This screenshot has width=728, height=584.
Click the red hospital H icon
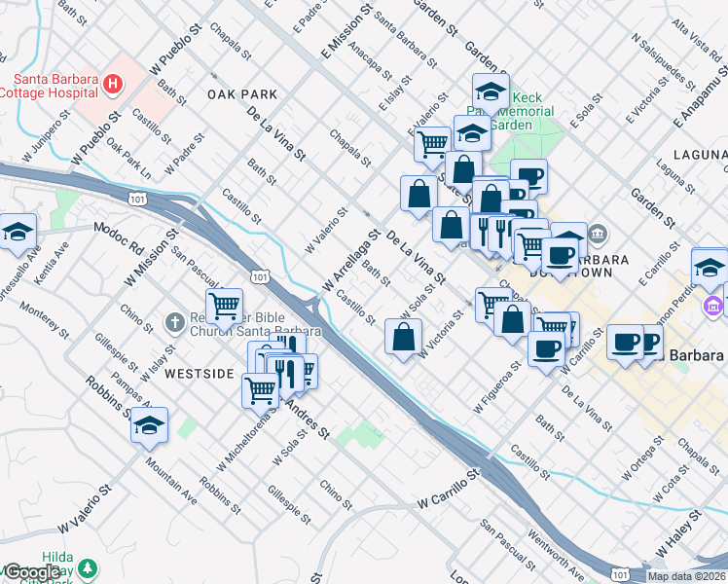coord(114,85)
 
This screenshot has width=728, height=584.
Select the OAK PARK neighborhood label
coord(242,94)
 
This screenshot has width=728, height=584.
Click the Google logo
coord(31,572)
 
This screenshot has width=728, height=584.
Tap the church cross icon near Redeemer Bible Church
coord(173,321)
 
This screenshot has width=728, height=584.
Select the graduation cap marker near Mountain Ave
coord(149,425)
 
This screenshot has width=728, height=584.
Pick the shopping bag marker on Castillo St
coord(403,339)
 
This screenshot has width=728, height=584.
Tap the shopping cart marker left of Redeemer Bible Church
coord(224,307)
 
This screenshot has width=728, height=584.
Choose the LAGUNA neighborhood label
coord(699,156)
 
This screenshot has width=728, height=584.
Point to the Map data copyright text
coord(687,576)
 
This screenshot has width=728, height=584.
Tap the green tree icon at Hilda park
coord(89,567)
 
